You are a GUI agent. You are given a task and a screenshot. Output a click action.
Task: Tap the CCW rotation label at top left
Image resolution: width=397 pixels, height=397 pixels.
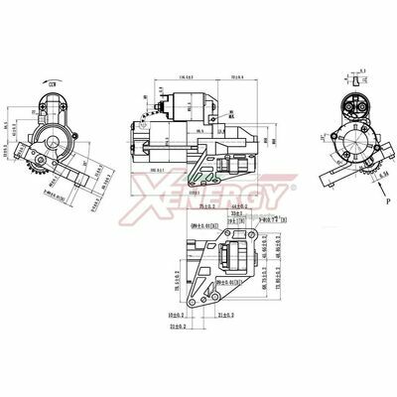tap(52, 86)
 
